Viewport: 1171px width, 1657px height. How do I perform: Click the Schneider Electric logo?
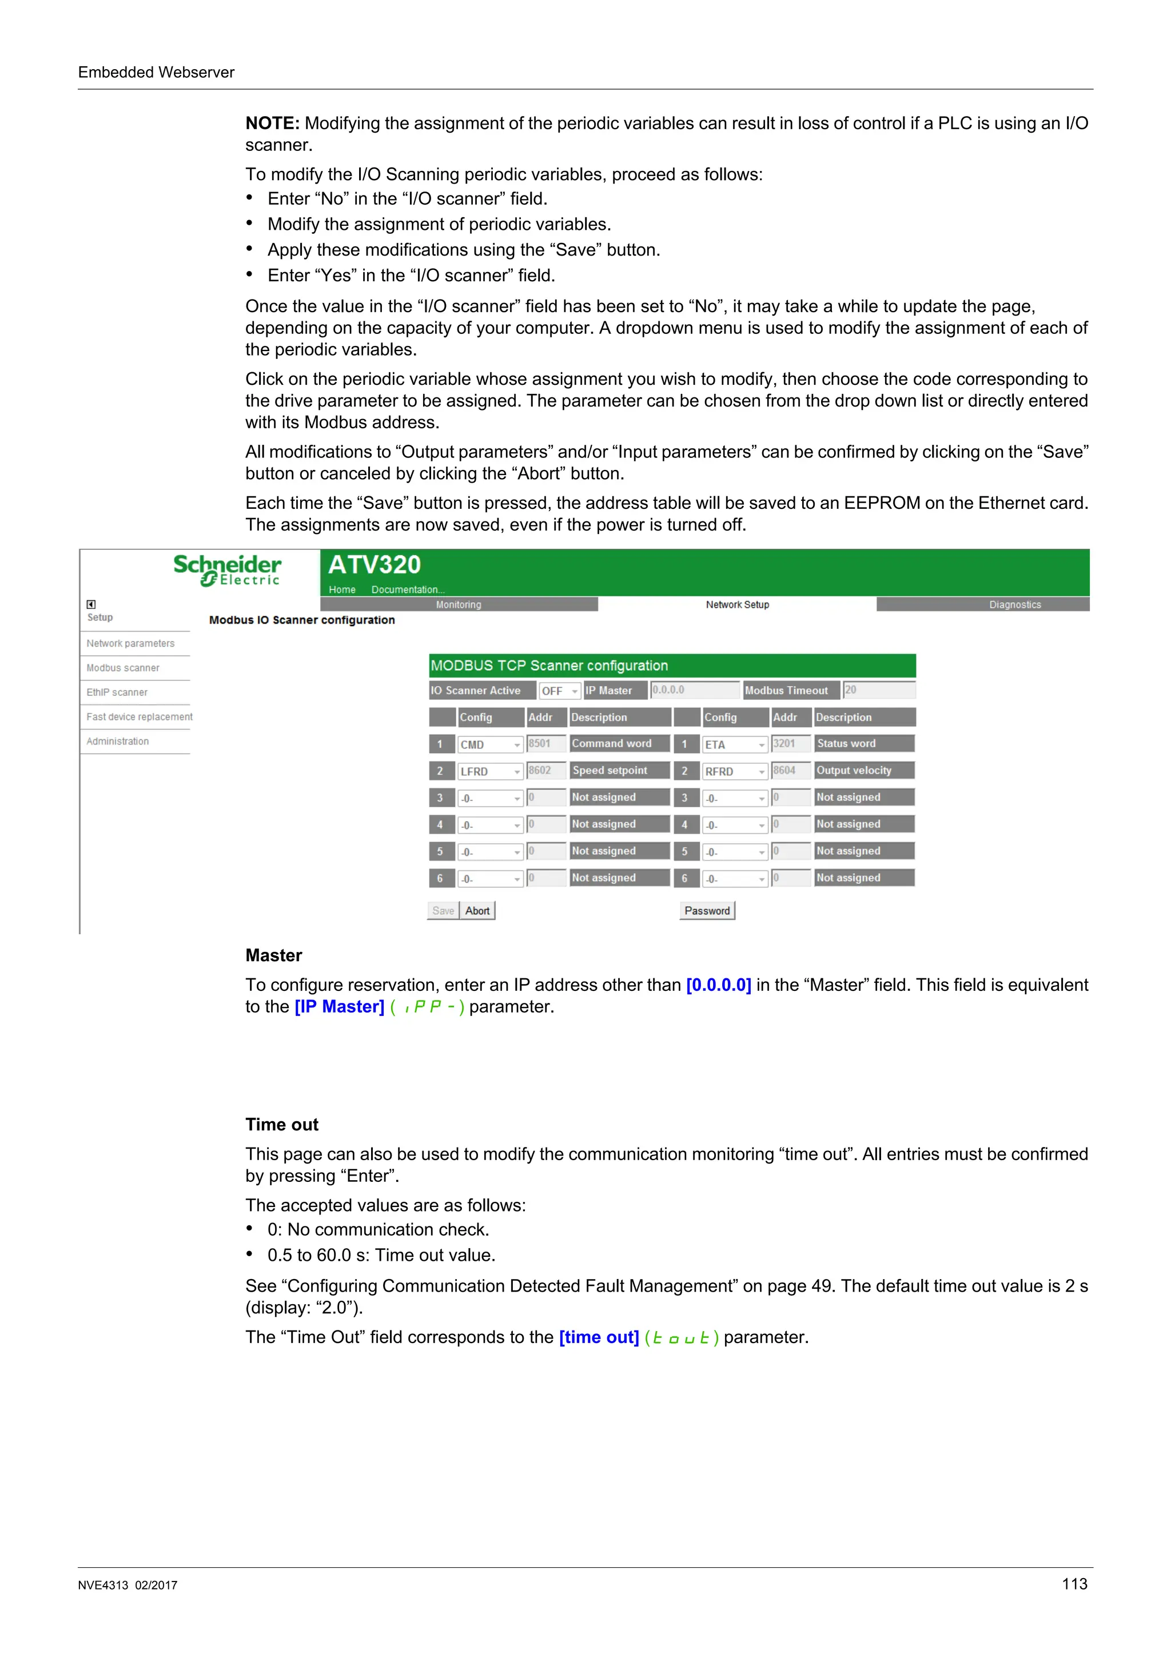[227, 569]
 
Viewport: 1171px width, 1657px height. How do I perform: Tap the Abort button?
[477, 911]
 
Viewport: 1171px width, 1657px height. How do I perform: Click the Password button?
[706, 911]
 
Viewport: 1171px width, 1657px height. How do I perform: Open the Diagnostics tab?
[1014, 605]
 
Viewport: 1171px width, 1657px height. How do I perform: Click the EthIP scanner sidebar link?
[117, 692]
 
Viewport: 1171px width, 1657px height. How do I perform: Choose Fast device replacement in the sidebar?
[140, 716]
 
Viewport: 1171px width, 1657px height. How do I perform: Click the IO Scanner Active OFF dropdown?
[559, 691]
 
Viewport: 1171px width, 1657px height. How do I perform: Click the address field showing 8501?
[546, 743]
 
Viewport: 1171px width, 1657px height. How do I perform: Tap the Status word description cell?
[863, 743]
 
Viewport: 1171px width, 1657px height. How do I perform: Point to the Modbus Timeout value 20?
[878, 690]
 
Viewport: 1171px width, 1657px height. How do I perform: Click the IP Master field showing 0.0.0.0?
[694, 690]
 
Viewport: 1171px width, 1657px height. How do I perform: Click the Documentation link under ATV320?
[408, 589]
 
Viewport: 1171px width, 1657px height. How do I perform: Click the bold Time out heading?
[281, 1124]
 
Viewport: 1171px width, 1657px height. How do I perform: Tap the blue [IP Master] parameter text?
[339, 1007]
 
